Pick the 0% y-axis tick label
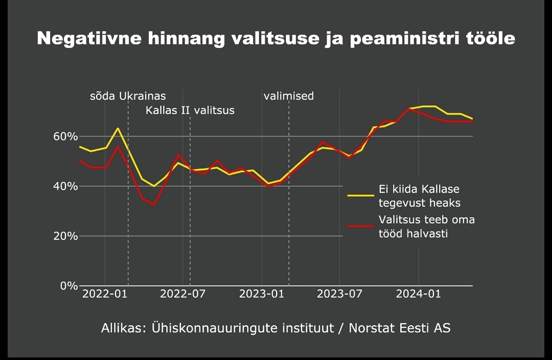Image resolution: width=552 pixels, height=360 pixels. point(70,285)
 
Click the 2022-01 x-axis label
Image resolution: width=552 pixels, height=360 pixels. point(104,294)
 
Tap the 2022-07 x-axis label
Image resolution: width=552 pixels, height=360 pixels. point(183,294)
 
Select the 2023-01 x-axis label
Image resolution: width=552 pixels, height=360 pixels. point(262,294)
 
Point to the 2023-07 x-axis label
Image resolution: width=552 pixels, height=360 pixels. point(340,294)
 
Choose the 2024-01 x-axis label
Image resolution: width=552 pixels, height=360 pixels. point(419,294)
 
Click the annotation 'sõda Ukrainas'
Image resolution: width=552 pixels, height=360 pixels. point(128,96)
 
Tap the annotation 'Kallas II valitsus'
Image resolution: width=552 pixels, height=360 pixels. point(190,110)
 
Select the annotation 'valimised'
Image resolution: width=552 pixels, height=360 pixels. point(289,96)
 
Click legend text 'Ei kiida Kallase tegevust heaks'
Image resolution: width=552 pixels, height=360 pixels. point(419,196)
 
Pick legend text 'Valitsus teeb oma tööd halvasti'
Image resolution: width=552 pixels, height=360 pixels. point(426,227)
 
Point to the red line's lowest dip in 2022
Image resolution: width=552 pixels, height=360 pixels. point(154,205)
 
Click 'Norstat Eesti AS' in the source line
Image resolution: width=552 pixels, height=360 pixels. point(400,328)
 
